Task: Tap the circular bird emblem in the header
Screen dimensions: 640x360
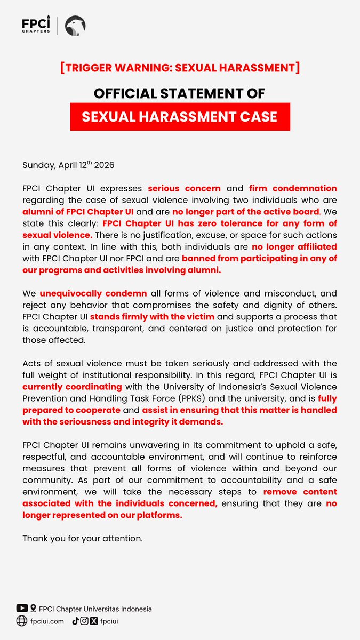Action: pos(75,26)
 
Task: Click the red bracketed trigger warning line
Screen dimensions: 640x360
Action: pos(180,68)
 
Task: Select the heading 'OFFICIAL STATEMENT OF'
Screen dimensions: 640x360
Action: pos(180,93)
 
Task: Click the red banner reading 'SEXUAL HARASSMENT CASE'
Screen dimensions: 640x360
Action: pos(180,117)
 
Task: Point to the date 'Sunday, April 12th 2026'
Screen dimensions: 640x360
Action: pos(68,165)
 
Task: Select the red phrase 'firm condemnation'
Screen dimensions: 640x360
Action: pos(293,188)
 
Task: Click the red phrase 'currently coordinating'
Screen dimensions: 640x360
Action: pos(72,386)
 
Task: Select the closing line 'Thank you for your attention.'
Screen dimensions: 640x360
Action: pos(83,538)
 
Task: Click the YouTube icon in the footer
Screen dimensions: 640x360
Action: pos(22,608)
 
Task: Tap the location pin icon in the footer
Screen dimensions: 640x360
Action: pos(34,608)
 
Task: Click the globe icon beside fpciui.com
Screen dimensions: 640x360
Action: pos(22,620)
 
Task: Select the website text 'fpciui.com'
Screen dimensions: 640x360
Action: pos(48,621)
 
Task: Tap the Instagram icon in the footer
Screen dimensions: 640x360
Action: pos(84,620)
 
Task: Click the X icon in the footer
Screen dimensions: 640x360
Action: pos(94,620)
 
